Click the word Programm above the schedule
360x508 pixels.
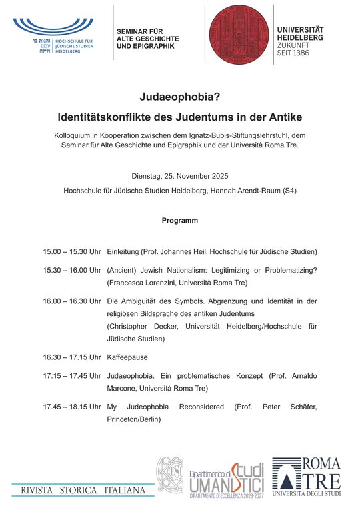coord(179,220)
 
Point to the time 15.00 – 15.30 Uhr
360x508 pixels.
coord(71,252)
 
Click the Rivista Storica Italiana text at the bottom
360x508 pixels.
coord(83,491)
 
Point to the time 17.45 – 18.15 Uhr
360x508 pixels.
coord(71,406)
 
